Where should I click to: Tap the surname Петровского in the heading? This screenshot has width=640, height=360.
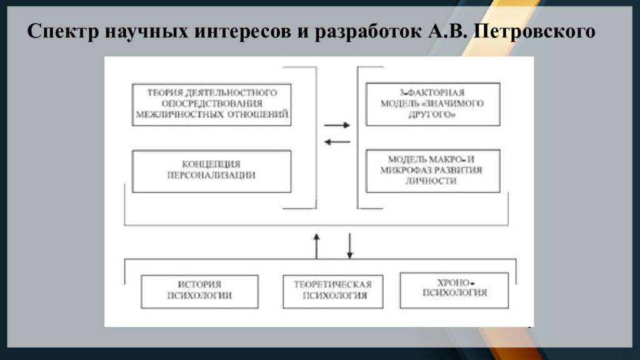pos(535,32)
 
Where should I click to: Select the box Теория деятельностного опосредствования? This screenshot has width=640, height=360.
pos(212,104)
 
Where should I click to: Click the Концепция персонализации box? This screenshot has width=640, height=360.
pos(212,171)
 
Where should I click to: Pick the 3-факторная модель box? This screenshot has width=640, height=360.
pos(432,104)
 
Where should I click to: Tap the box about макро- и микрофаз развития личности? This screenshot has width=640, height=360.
pos(432,171)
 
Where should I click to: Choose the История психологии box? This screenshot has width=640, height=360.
pos(200,291)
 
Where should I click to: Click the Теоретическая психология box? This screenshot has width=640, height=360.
pos(333,291)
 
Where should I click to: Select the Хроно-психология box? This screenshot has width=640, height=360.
pos(454,289)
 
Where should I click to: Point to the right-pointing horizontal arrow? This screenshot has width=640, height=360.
pos(337,125)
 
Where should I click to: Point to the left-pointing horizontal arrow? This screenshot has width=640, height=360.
pos(337,141)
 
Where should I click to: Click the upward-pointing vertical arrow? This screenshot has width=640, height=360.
pos(316,245)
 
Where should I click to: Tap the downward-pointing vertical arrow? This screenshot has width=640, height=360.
pos(350,246)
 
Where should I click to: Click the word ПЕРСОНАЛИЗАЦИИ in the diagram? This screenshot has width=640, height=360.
pos(212,176)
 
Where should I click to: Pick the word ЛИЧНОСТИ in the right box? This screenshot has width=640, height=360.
pos(432,181)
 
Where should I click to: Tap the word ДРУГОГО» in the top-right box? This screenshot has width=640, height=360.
pos(432,114)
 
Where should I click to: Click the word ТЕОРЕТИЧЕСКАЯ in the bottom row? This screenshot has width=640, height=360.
pos(333,285)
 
